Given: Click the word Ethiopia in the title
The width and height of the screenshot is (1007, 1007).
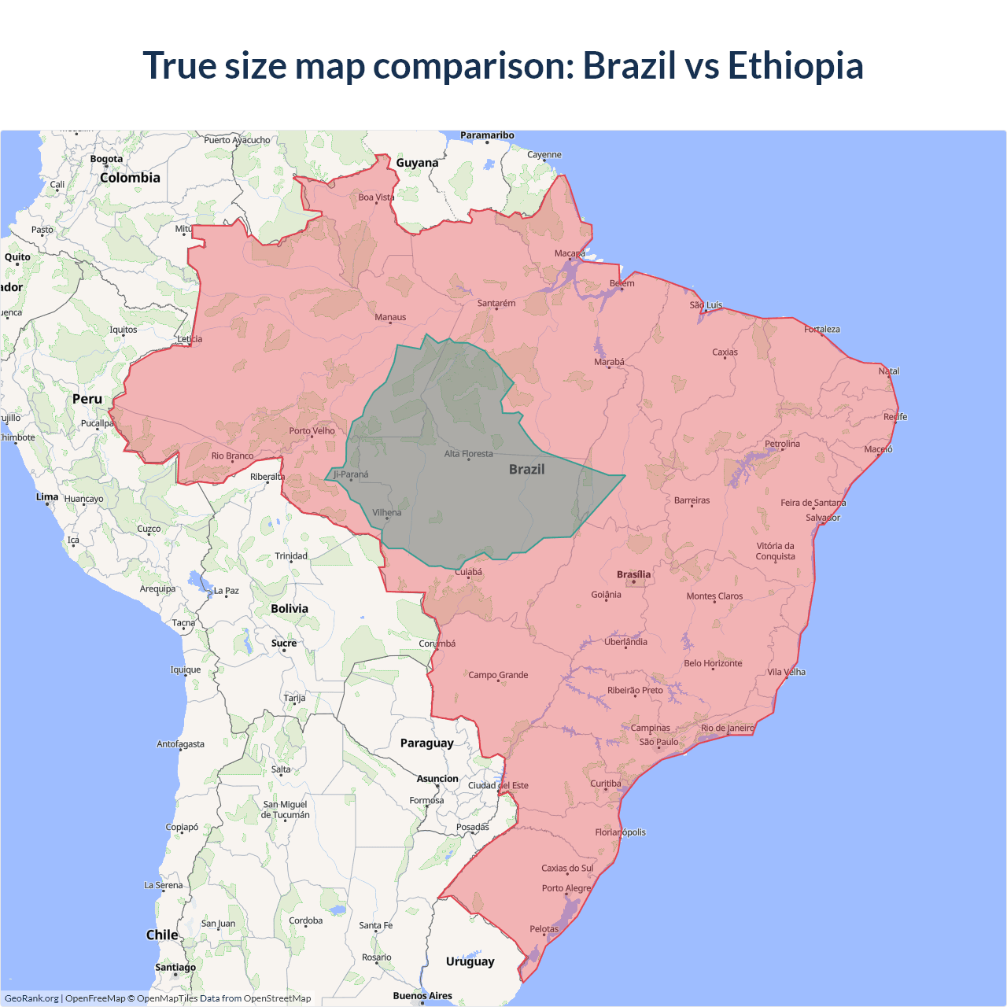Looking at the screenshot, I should (795, 65).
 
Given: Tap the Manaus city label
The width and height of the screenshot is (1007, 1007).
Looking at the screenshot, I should (390, 317).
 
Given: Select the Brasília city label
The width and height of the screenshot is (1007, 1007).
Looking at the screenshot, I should (633, 574).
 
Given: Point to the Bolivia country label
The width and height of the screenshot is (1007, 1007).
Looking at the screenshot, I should (290, 608).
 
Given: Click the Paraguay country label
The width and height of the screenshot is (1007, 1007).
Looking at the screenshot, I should (426, 743).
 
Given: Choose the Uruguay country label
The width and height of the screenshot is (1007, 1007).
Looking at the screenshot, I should (470, 961).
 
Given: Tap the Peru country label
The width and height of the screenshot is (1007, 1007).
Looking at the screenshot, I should (87, 399).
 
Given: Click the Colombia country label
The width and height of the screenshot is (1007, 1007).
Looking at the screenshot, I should (130, 178).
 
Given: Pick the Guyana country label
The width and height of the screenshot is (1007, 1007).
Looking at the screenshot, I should (417, 163).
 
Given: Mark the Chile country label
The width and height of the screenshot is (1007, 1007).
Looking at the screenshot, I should (162, 935).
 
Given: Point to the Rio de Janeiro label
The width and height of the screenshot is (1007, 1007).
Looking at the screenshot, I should (727, 728).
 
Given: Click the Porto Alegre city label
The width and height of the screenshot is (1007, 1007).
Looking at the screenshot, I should (566, 888).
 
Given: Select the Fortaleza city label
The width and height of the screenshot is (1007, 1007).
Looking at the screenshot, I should (821, 329).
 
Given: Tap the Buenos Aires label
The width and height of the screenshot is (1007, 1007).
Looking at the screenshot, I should (422, 995).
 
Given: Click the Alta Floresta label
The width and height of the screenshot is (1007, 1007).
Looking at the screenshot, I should (468, 454).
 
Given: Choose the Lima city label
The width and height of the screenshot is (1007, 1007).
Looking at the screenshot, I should (47, 496).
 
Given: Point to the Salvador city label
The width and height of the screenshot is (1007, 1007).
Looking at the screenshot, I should (823, 518).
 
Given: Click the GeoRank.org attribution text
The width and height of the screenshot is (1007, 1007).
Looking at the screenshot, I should (31, 998).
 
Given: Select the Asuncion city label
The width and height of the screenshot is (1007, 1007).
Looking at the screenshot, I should (437, 779).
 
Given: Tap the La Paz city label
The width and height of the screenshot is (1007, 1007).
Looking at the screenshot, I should (226, 590).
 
